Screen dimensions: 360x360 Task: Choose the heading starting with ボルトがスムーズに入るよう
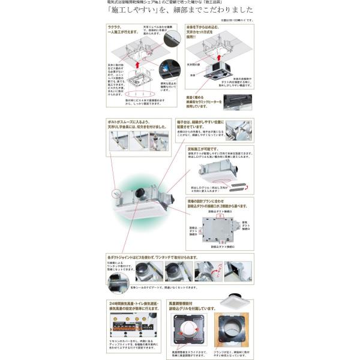pos(134,125)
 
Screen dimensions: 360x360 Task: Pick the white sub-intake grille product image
pos(233,305)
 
